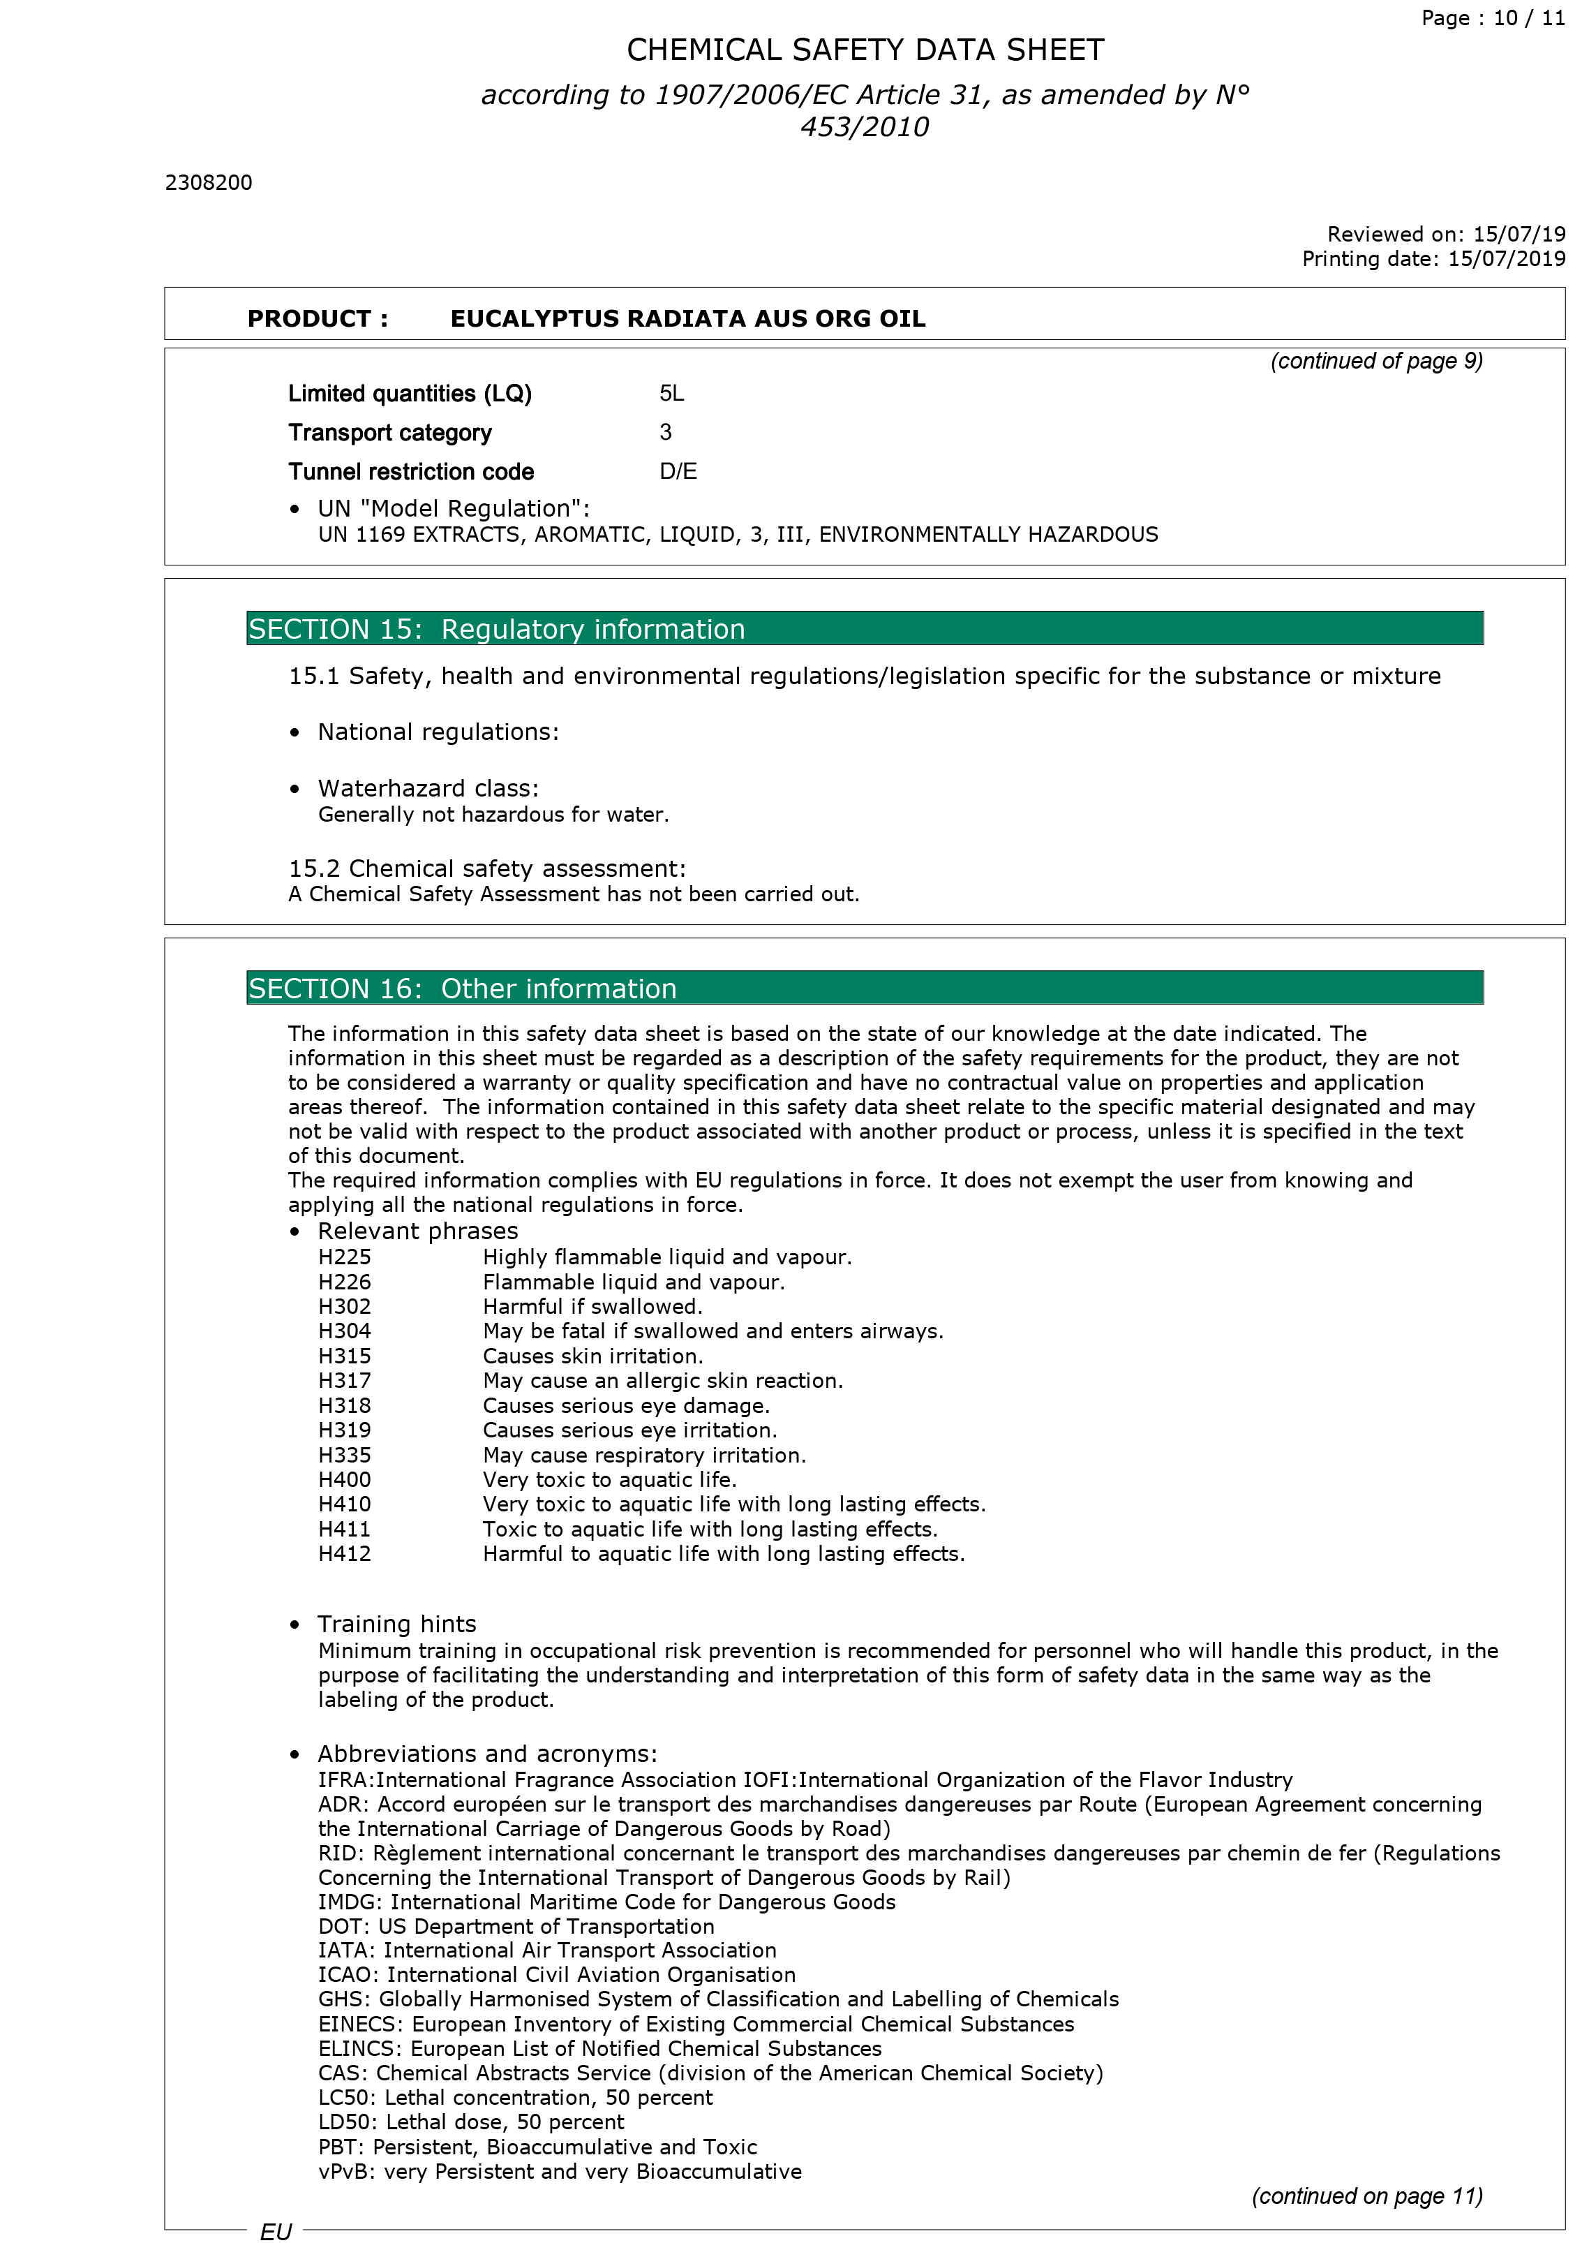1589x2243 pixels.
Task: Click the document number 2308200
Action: [209, 183]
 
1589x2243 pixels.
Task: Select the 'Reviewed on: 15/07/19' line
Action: [1445, 235]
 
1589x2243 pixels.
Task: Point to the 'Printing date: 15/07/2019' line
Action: [1433, 259]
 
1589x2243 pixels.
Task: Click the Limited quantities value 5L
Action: [671, 394]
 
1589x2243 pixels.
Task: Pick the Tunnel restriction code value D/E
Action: [678, 472]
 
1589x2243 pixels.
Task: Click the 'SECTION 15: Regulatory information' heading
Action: [496, 629]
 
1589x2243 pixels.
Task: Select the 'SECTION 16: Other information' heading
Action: [462, 989]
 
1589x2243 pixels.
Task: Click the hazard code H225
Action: [345, 1257]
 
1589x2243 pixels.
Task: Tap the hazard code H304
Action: [345, 1331]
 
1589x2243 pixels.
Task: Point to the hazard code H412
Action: [345, 1554]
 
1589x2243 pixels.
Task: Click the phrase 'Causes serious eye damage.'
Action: [626, 1405]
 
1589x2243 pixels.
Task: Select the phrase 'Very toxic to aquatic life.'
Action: [610, 1480]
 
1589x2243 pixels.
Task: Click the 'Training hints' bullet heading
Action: [396, 1624]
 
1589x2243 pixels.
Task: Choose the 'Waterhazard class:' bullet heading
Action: [428, 789]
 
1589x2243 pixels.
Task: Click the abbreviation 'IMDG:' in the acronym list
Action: [350, 1902]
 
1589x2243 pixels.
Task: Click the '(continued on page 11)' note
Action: [1367, 2196]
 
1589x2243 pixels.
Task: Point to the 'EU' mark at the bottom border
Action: [276, 2230]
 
